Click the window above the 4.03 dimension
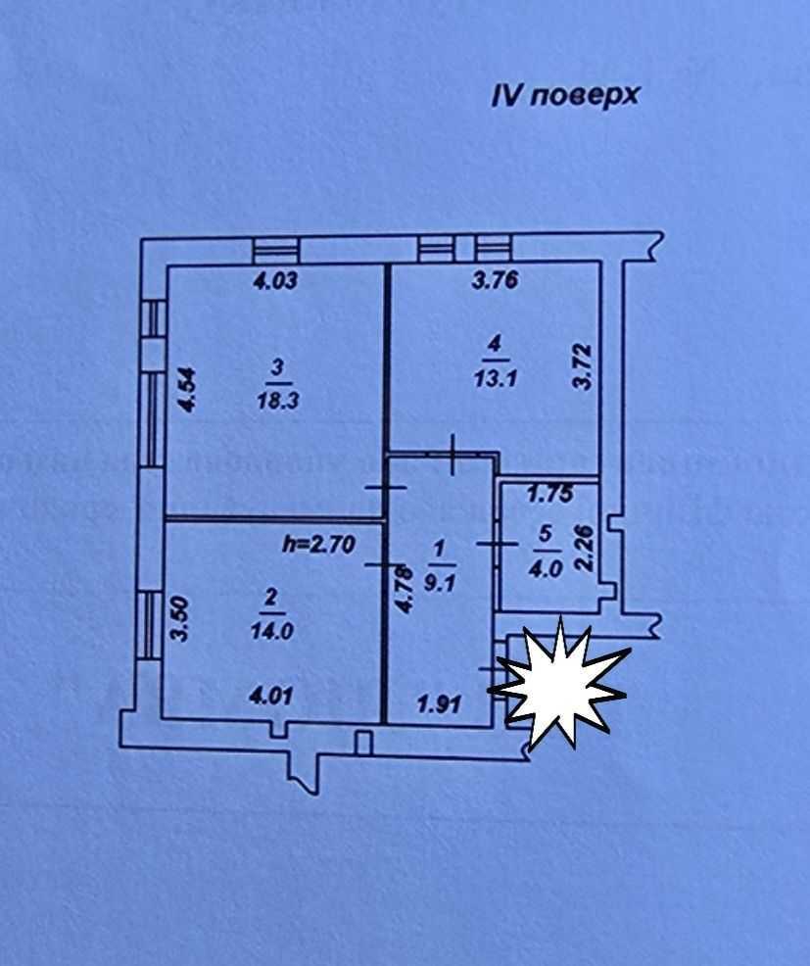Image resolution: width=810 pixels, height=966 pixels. (x=273, y=249)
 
